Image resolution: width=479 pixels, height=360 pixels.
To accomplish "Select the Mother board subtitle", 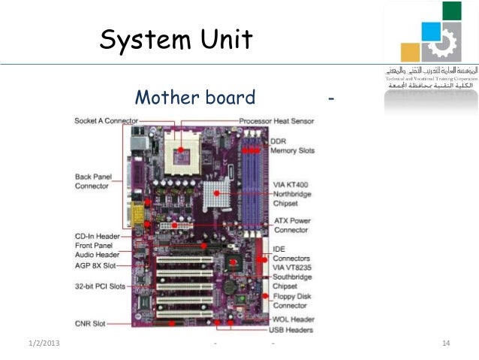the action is click(x=194, y=98).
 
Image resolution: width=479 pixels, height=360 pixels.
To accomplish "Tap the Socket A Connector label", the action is click(x=106, y=120).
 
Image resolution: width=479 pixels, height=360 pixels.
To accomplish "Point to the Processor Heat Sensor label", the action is click(x=276, y=120).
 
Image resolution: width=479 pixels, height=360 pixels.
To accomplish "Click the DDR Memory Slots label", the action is click(x=292, y=146).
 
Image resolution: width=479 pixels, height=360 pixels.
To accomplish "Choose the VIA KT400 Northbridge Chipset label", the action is click(x=293, y=193).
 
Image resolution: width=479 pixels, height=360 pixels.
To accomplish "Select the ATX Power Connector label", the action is click(x=291, y=225).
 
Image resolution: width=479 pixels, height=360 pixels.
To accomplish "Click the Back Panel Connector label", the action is click(x=93, y=181).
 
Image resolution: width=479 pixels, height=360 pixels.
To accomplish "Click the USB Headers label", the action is click(x=292, y=330).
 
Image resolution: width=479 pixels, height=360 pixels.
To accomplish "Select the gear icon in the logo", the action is click(x=441, y=42).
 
